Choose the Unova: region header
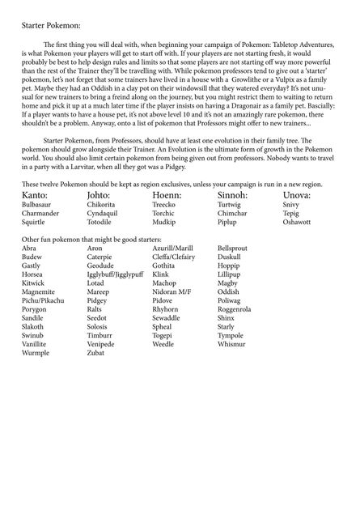point(303,196)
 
